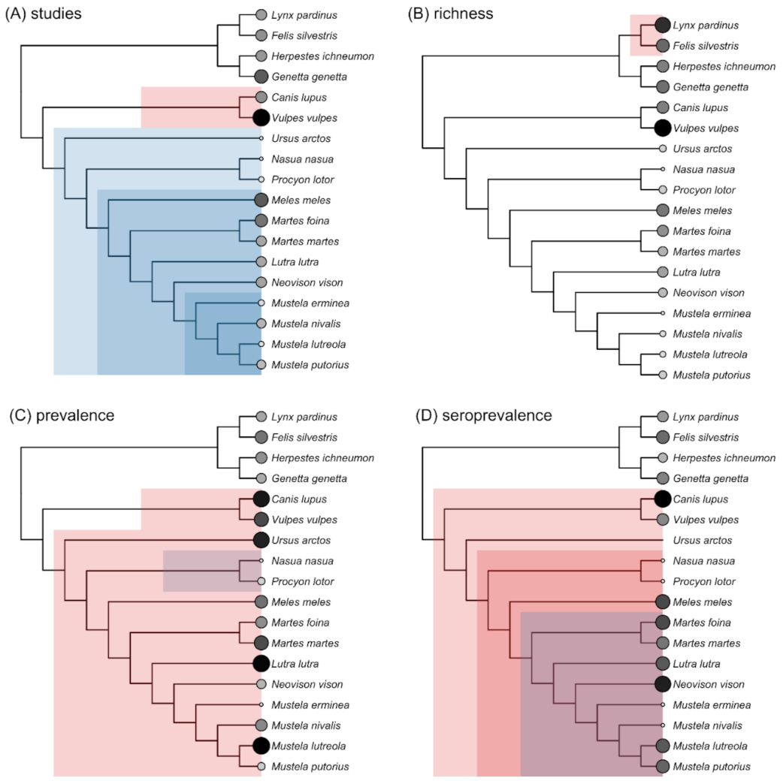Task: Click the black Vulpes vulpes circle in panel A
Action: [261, 118]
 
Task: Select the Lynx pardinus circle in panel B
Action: [663, 26]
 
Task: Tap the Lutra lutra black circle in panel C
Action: [261, 664]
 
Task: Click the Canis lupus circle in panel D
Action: [663, 499]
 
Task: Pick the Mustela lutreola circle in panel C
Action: [261, 746]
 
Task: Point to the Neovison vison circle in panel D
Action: [663, 684]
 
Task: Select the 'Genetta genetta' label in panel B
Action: [710, 87]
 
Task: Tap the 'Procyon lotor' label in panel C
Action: [307, 582]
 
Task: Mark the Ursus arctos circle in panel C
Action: [261, 541]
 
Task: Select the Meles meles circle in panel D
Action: [663, 602]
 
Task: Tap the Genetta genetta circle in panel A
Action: [261, 77]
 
